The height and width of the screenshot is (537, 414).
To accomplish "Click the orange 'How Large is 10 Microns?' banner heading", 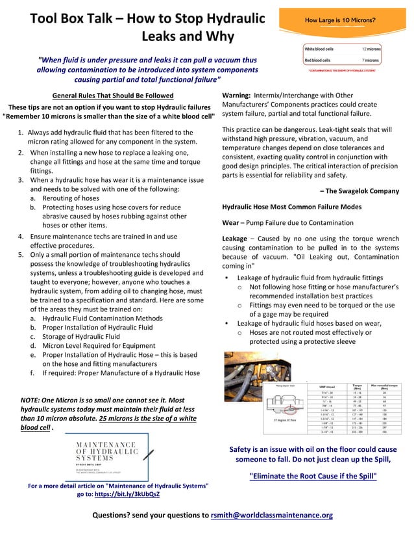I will tap(339, 20).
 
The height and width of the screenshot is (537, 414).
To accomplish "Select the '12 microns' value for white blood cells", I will tap(371, 49).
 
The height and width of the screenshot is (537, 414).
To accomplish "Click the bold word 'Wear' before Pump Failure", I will tap(232, 222).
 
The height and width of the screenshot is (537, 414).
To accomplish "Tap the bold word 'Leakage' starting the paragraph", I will tap(234, 239).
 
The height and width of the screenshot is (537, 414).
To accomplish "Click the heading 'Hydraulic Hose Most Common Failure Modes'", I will tap(291, 207).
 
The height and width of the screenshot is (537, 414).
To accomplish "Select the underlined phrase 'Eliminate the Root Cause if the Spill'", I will tap(313, 476).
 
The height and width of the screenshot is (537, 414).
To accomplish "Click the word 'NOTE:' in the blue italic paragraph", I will tap(31, 400).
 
